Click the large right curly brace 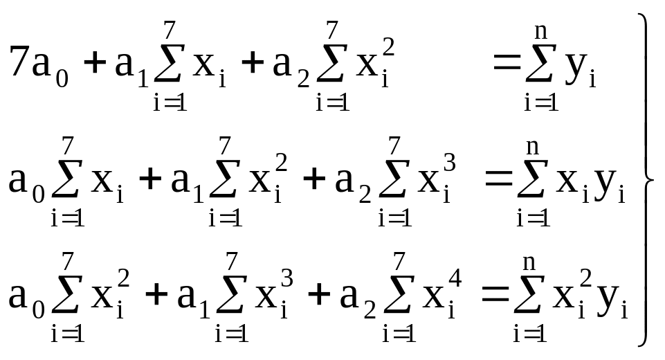[646, 180]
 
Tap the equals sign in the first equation [507, 62]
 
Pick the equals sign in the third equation [495, 294]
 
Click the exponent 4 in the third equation [455, 278]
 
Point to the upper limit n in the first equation [540, 32]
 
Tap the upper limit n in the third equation [529, 263]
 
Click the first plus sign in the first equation [94, 63]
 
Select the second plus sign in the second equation [314, 179]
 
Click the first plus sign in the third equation [156, 294]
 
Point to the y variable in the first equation [576, 66]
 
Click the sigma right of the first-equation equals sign [539, 63]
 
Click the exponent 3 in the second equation [449, 163]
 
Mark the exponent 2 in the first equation [388, 46]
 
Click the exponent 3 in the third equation [286, 278]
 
